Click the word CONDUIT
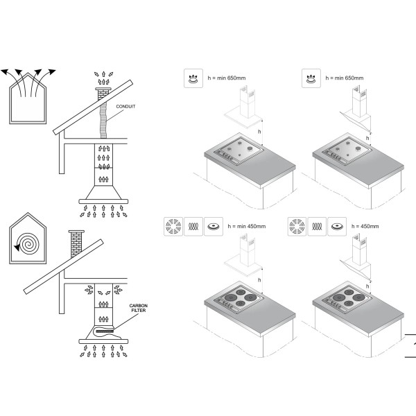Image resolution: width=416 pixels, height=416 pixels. point(125,106)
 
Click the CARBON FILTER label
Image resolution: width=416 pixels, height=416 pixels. point(139,308)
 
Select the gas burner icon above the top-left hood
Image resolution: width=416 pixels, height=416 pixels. point(193,78)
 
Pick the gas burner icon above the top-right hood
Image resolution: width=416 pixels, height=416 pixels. point(311,78)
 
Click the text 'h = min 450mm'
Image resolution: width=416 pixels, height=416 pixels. point(246,226)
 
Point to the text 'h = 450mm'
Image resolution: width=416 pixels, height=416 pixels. point(365,226)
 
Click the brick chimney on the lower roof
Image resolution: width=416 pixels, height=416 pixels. point(76,243)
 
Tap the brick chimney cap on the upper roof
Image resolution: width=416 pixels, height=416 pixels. point(103,89)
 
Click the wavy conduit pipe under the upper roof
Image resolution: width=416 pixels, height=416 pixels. point(103,120)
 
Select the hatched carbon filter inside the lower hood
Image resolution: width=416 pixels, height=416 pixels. point(105,331)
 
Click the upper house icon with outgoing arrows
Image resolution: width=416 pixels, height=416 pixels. point(28,96)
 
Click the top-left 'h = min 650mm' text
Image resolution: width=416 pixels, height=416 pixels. point(226,78)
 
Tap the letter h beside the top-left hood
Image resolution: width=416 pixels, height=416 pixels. point(259,131)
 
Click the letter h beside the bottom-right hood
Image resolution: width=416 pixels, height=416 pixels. point(367,286)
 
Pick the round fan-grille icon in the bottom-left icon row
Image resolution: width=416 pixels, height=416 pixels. point(173,227)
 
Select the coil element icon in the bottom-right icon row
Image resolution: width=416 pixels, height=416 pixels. point(317,227)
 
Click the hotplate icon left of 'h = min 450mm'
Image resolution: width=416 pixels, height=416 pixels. point(214,227)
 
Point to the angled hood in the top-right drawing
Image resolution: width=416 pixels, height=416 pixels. point(356,118)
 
